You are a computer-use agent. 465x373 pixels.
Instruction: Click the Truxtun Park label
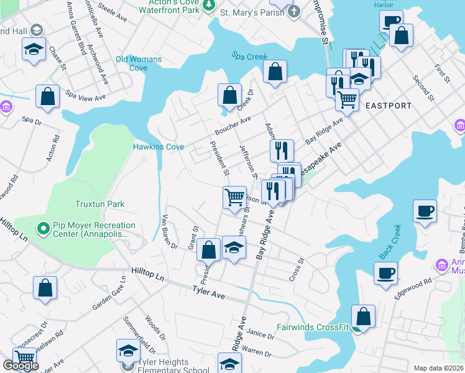99,204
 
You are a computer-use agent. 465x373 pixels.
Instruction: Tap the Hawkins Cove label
158,147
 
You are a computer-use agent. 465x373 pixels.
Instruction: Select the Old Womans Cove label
139,63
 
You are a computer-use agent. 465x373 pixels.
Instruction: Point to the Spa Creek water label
249,57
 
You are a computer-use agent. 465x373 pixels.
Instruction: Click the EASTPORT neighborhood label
389,106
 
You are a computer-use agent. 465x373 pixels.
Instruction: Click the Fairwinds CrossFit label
313,327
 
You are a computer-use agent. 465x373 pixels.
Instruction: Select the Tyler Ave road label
208,290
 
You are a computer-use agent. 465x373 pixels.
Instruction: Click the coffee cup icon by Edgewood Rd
385,273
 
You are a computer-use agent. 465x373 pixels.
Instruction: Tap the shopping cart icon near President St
234,197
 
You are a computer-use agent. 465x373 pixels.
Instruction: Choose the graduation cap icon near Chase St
33,49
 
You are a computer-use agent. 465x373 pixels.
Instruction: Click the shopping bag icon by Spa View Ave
47,96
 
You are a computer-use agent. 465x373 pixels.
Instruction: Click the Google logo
21,366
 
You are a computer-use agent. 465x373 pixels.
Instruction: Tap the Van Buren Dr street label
169,231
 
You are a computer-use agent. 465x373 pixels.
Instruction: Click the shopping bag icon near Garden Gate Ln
45,288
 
